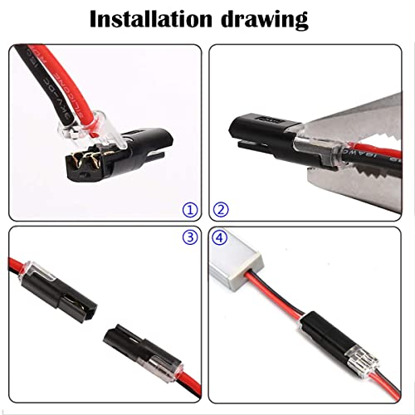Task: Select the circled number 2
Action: click(221, 210)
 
